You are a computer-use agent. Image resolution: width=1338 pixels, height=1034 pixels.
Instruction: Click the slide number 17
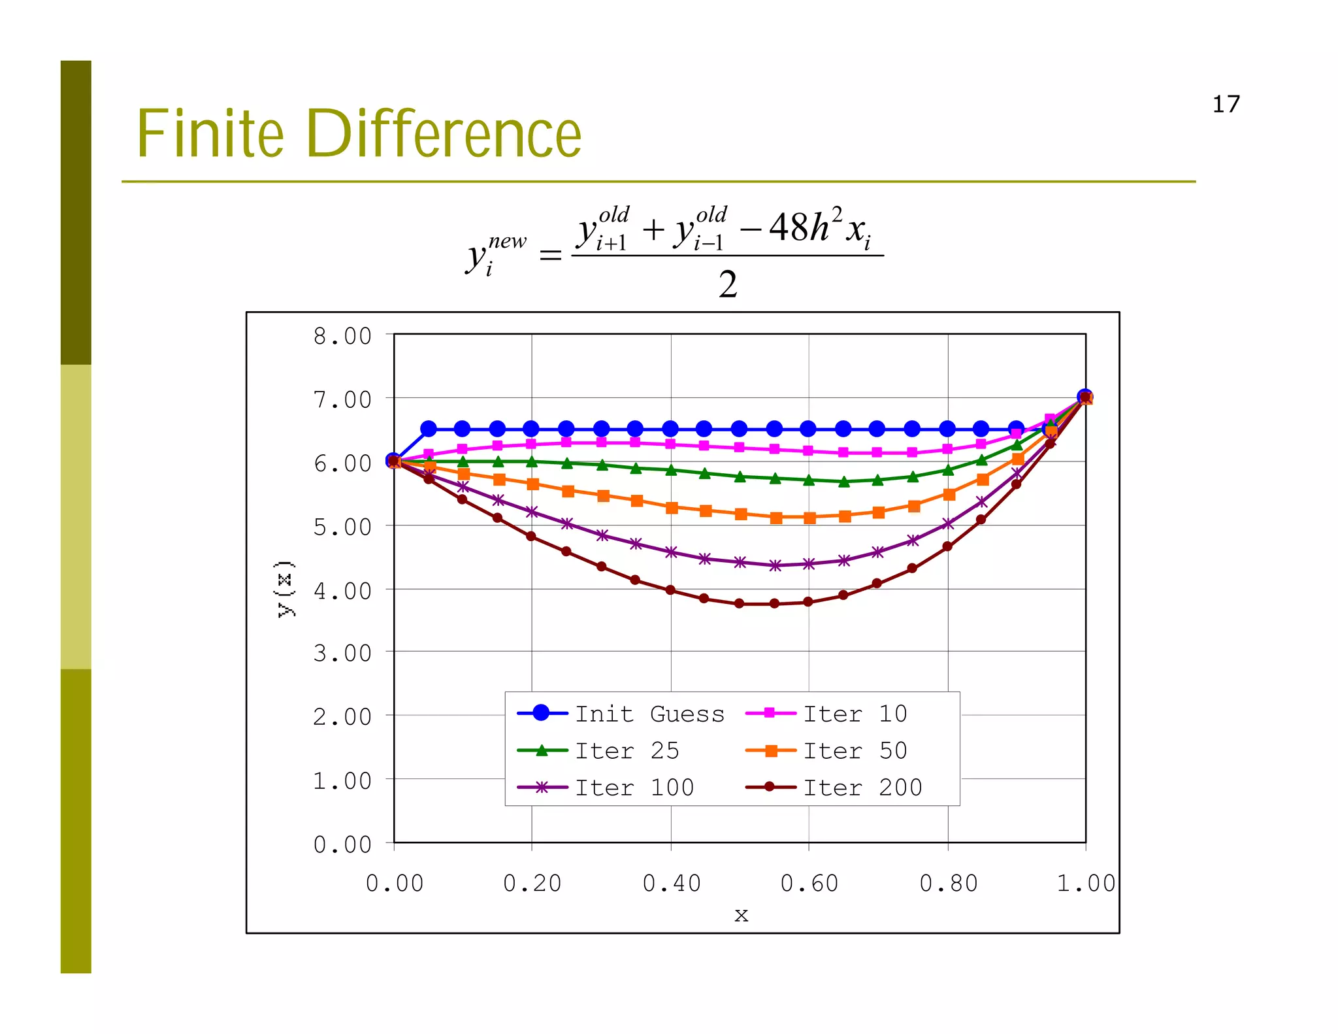click(x=1226, y=105)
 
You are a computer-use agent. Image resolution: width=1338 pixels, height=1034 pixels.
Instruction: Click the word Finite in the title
click(x=210, y=134)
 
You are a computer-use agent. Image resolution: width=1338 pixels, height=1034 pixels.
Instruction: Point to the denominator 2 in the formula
click(x=728, y=284)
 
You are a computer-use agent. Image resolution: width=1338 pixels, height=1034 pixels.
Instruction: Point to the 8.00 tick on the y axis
click(x=342, y=337)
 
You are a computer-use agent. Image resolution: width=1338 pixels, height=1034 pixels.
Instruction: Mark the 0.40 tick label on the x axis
click(x=672, y=884)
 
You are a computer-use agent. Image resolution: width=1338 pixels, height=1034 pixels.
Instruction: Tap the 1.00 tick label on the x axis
click(x=1086, y=884)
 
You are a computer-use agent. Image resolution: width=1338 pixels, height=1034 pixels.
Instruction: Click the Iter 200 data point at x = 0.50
click(x=740, y=603)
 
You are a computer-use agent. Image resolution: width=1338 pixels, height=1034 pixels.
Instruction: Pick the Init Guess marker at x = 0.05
click(x=429, y=429)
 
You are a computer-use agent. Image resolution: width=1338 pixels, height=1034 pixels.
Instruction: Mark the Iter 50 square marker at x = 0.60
click(x=809, y=518)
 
